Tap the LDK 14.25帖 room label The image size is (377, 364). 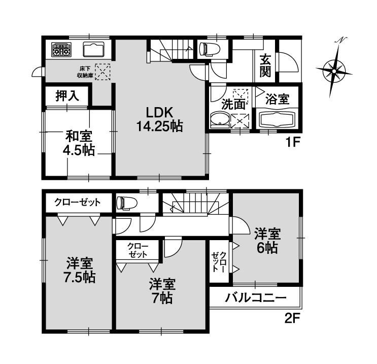click(159, 119)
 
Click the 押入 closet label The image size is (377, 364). click(67, 96)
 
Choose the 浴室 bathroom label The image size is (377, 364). click(278, 99)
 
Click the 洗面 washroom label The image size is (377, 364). click(233, 105)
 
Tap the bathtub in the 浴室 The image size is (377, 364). click(277, 121)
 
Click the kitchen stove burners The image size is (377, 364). click(61, 50)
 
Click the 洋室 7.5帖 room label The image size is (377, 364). click(80, 271)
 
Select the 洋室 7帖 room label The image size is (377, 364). click(162, 290)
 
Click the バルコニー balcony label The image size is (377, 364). click(256, 298)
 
